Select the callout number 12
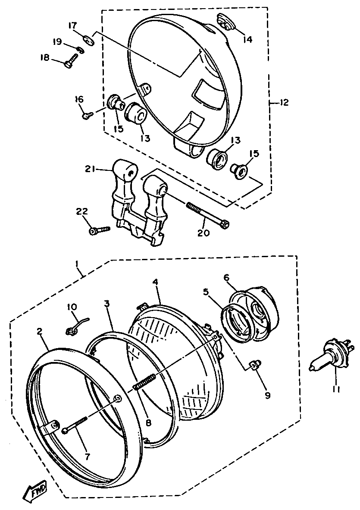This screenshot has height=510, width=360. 284,103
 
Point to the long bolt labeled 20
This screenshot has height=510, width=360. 207,214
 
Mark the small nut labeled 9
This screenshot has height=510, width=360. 254,365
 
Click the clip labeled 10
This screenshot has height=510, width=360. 74,326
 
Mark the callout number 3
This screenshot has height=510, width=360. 106,303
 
